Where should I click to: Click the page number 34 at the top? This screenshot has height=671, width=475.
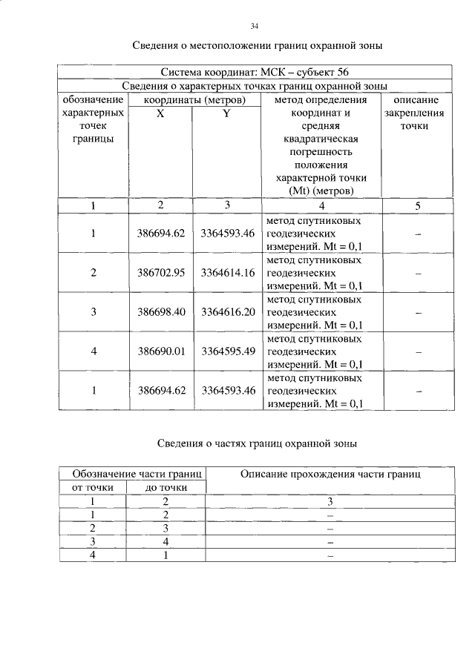coord(254,27)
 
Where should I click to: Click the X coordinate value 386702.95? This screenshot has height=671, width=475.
coord(160,272)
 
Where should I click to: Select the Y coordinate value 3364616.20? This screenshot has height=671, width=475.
coord(228,311)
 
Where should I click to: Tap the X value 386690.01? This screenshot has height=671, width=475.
coord(160,351)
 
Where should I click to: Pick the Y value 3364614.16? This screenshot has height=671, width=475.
coord(228,272)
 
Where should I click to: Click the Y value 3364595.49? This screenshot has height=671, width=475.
coord(228,351)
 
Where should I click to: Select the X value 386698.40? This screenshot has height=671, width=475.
coord(160,311)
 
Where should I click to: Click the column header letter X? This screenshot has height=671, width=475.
coord(160,113)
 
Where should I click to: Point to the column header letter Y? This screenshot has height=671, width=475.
coord(226,113)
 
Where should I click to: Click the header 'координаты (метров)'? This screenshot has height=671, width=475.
coord(194,99)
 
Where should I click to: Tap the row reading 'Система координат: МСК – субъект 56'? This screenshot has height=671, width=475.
coord(255,72)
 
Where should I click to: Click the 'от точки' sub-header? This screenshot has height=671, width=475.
coord(93,487)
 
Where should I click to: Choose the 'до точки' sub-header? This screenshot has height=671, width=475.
coord(166,487)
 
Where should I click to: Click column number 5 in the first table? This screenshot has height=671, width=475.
coord(418,205)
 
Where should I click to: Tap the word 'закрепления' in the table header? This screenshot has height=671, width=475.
coord(415,113)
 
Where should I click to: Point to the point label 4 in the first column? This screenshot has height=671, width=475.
coord(94,351)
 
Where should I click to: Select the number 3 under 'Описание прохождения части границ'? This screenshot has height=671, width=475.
coord(330,502)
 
